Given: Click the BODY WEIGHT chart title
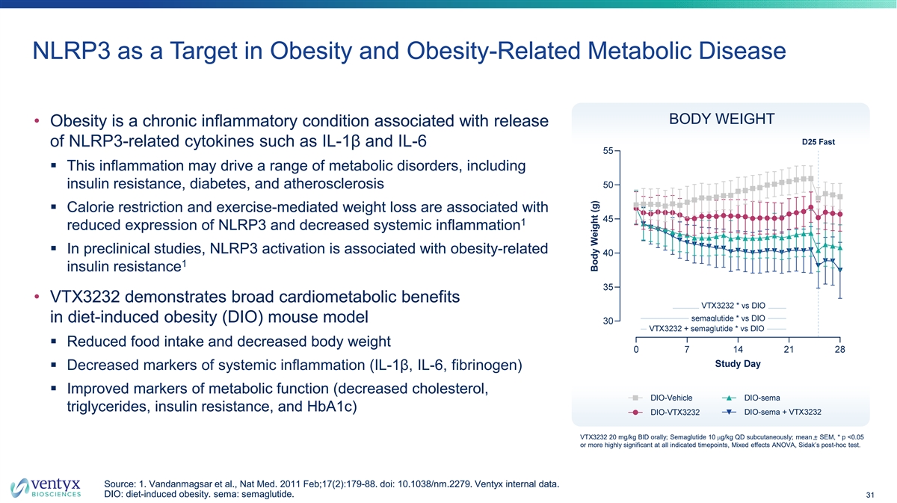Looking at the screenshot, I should [721, 120].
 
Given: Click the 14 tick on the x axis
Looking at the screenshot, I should [738, 350].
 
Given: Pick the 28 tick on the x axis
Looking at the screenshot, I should [839, 350].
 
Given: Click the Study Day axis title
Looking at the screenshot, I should [737, 365].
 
